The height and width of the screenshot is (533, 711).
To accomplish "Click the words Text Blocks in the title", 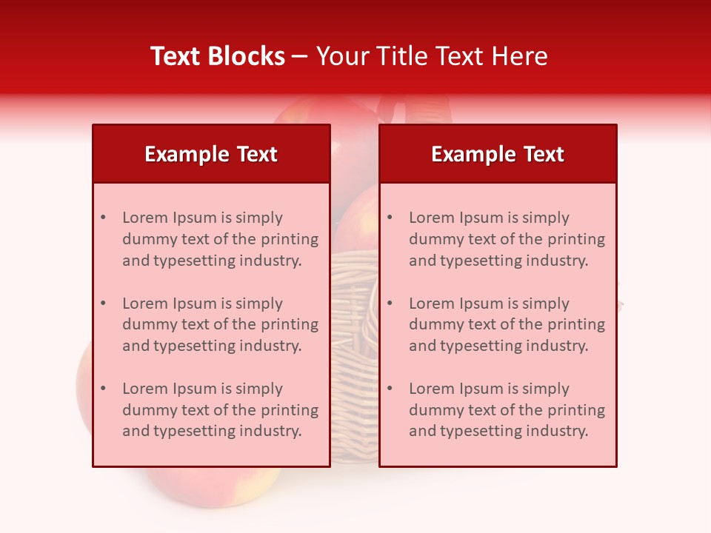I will pos(218,56).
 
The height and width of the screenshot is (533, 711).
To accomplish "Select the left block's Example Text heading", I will pos(211,154).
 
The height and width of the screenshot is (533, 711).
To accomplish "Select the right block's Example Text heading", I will pos(498,154).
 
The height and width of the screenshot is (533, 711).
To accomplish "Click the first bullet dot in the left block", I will pos(104,218).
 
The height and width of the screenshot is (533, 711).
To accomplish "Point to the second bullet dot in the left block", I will pos(104,304).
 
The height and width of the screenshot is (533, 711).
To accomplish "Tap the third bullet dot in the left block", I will pos(104,389).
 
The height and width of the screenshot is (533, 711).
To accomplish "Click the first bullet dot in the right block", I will pos(390,218).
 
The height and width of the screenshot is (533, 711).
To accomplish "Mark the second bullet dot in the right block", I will pos(390,304).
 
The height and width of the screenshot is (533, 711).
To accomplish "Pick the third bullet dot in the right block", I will pos(390,389).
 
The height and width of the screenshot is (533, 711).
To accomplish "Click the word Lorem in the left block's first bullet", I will pos(144,218).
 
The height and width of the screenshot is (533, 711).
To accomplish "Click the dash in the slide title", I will pos(301,56).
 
